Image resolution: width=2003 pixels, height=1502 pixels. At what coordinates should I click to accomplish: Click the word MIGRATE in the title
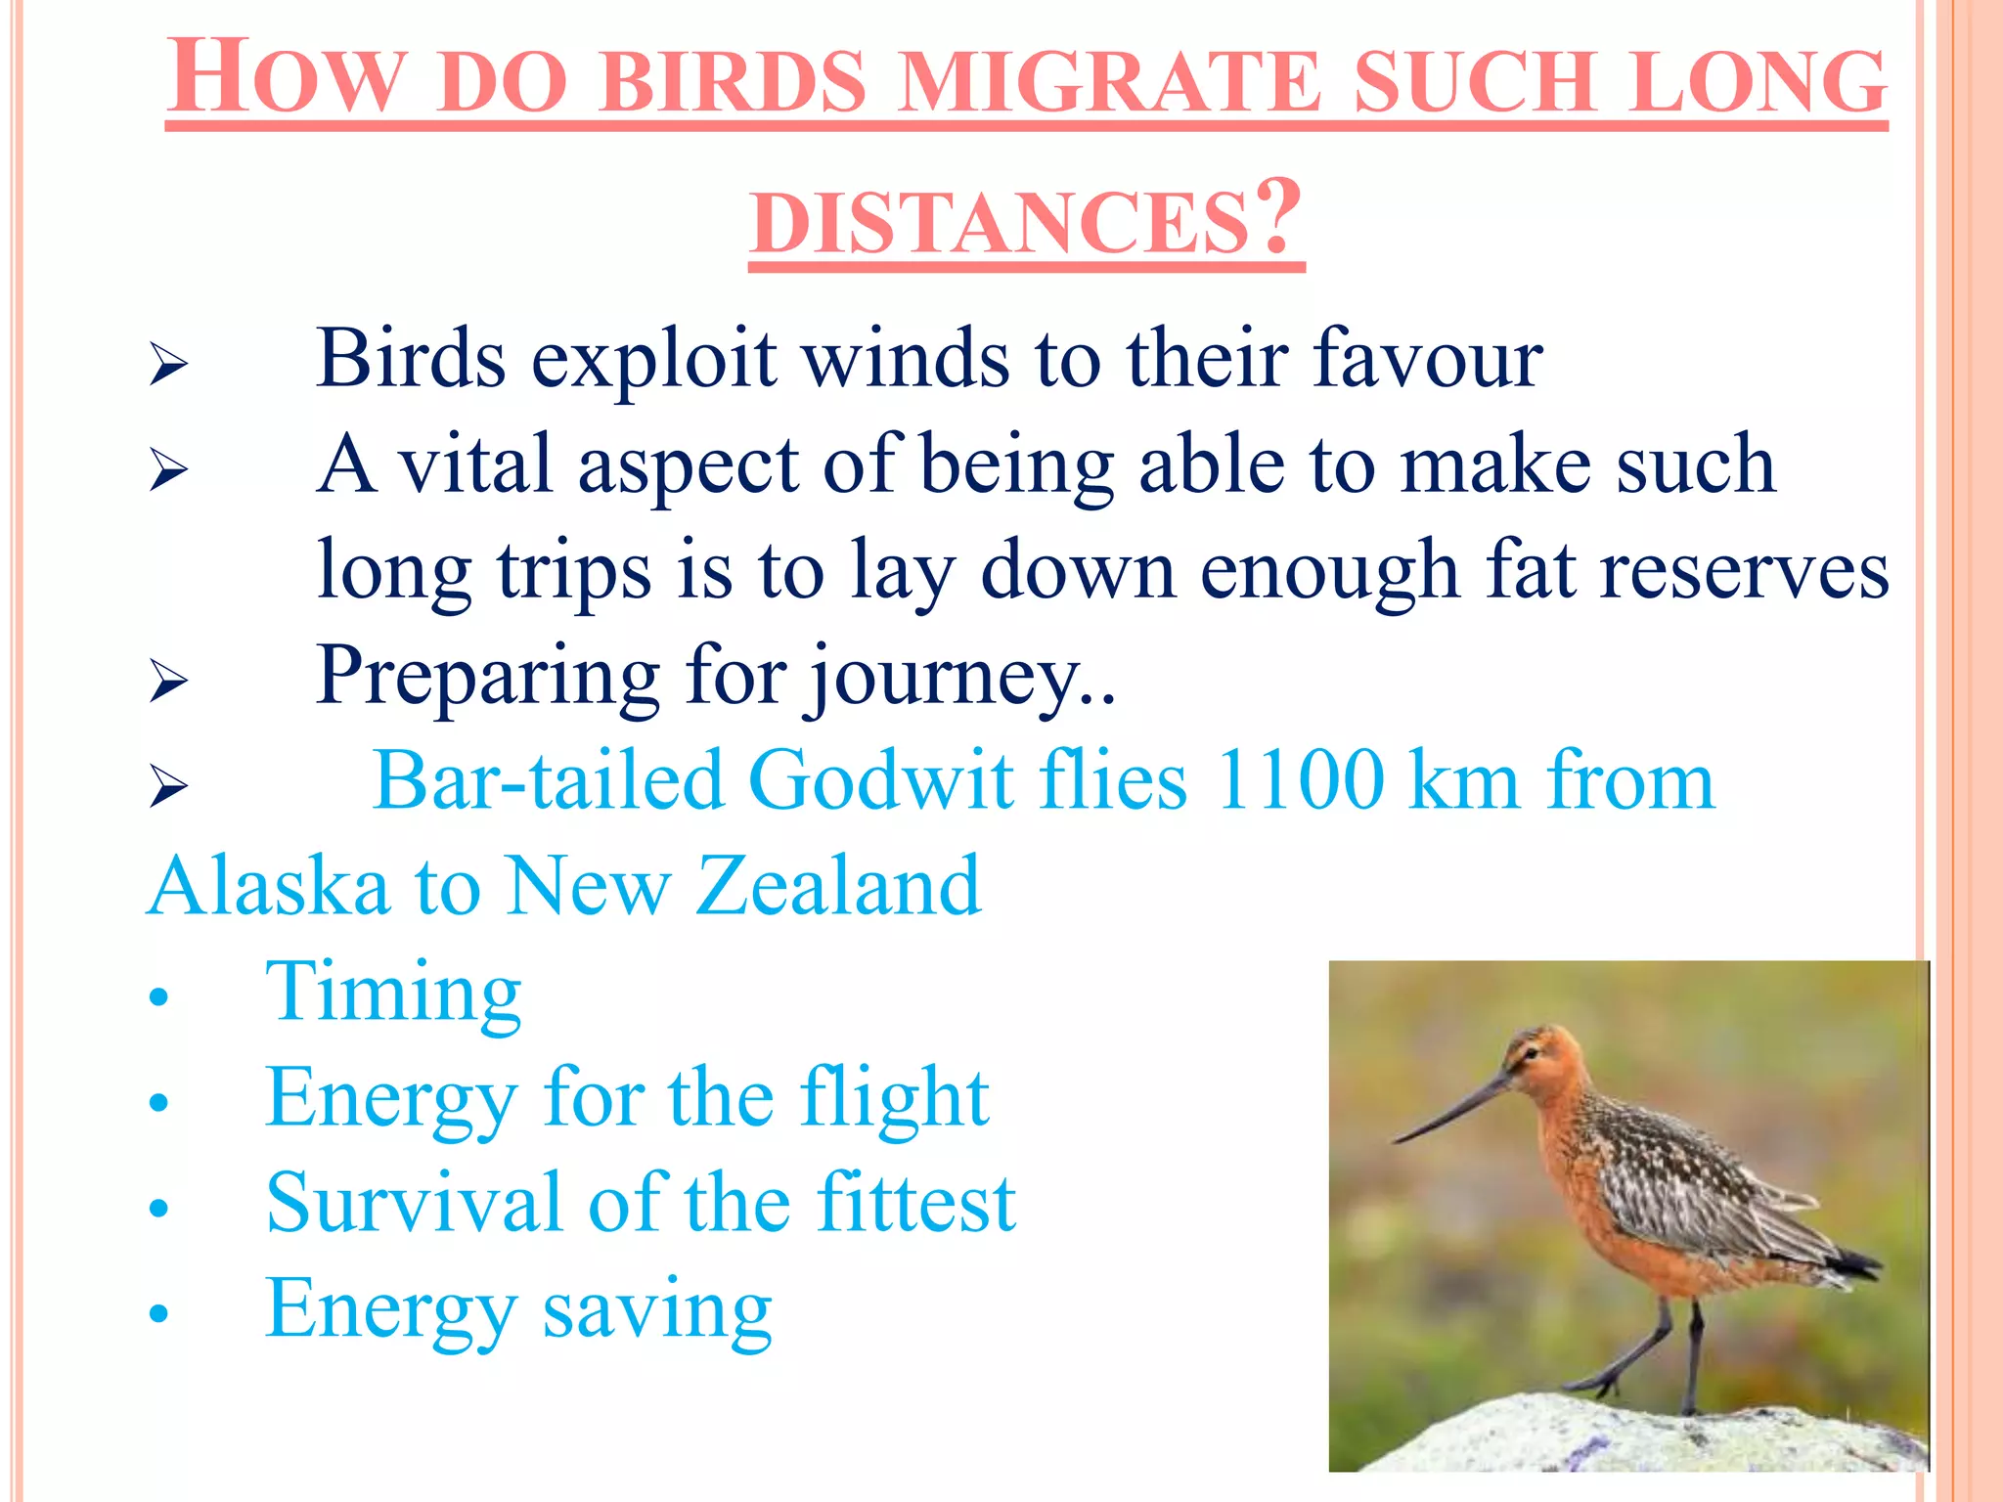point(1110,82)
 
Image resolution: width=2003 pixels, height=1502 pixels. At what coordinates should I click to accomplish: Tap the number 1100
point(1299,781)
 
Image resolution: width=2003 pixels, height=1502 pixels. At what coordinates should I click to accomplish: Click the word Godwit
point(882,781)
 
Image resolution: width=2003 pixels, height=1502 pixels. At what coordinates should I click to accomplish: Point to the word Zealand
point(837,886)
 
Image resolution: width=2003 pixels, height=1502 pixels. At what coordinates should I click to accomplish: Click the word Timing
point(393,993)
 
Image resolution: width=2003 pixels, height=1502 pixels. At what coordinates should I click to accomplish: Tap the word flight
point(894,1098)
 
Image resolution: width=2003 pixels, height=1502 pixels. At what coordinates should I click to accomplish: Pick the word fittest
point(915,1204)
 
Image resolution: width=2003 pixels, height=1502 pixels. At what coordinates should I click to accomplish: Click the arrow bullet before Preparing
point(168,681)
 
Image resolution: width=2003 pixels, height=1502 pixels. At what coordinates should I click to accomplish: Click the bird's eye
point(1529,1052)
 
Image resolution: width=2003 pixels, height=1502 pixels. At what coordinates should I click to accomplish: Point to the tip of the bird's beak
point(1397,1140)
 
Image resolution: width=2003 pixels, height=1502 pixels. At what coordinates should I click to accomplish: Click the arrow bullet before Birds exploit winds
point(168,366)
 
